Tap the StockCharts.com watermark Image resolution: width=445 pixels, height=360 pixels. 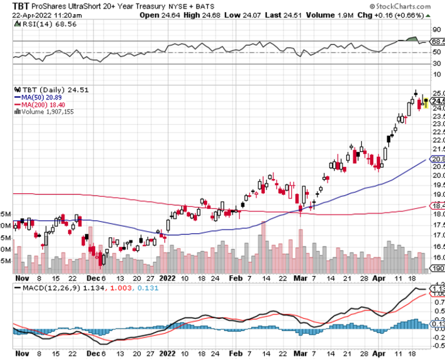click(407, 6)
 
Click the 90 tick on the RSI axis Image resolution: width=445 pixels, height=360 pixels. click(436, 30)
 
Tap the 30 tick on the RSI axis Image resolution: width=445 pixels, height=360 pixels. click(436, 64)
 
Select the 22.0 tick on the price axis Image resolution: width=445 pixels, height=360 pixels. click(438, 141)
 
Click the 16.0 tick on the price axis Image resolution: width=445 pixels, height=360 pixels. click(438, 257)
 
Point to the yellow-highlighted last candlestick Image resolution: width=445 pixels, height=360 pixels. click(426, 102)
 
